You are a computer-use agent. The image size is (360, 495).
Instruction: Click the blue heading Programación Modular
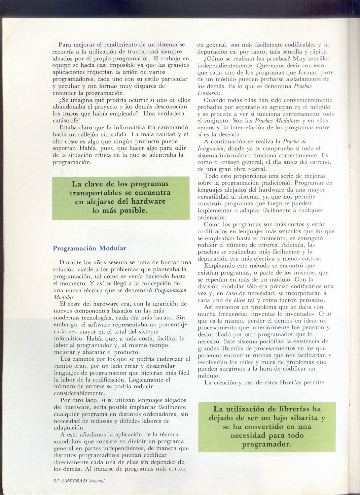[x=89, y=248]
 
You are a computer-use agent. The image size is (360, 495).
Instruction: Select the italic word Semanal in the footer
[x=96, y=481]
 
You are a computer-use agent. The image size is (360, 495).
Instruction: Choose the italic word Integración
[x=211, y=148]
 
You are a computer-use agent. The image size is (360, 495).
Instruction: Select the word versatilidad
[x=215, y=197]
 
